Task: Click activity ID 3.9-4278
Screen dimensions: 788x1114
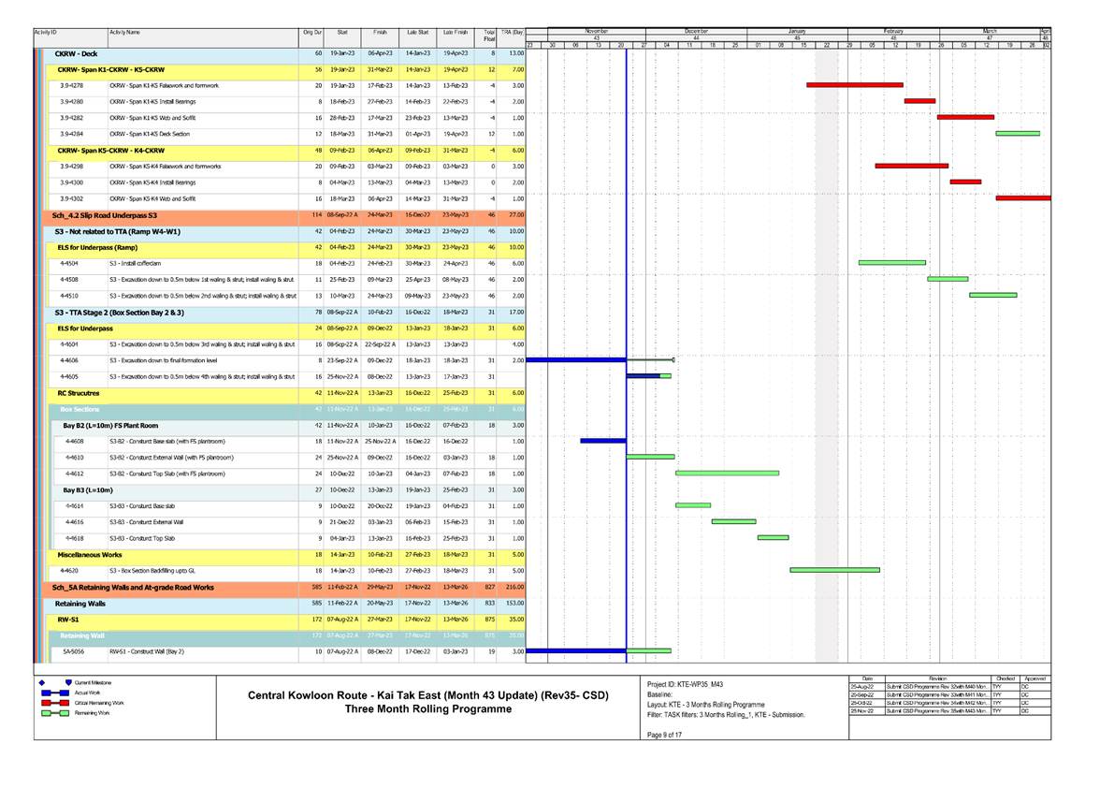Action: click(71, 85)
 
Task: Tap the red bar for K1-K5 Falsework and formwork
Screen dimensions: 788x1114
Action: click(854, 85)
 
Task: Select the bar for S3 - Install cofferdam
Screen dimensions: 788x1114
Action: click(891, 263)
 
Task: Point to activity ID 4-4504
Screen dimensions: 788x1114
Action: click(68, 263)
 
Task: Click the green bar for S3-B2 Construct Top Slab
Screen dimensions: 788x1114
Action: click(727, 474)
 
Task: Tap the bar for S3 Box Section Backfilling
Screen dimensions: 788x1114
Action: click(834, 570)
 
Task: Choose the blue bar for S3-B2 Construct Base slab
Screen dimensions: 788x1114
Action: click(602, 441)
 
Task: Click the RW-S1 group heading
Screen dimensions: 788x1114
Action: click(66, 620)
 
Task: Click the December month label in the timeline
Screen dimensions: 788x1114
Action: click(696, 31)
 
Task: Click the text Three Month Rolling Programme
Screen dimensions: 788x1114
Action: click(427, 709)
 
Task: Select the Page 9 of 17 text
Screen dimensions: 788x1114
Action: click(666, 733)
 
